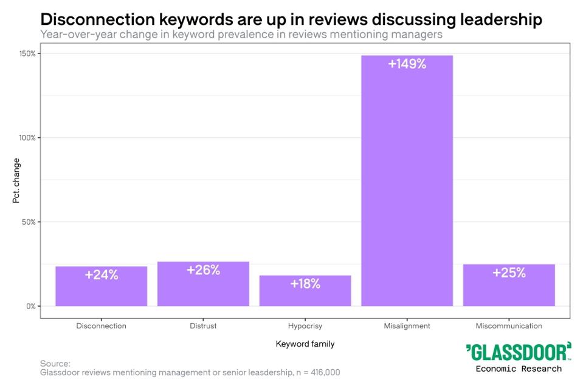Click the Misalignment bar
pyautogui.click(x=407, y=182)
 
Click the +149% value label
pyautogui.click(x=407, y=64)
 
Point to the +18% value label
pyautogui.click(x=305, y=284)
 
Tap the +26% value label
pyautogui.click(x=203, y=270)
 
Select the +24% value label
pyautogui.click(x=101, y=274)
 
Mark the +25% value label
pyautogui.click(x=509, y=273)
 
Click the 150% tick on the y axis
pyautogui.click(x=27, y=53)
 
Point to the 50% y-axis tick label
pyautogui.click(x=29, y=222)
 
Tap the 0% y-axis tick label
pyautogui.click(x=30, y=306)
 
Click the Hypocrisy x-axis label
pyautogui.click(x=305, y=326)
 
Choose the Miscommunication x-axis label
pyautogui.click(x=509, y=326)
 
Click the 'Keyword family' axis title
pyautogui.click(x=305, y=344)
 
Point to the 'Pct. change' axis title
pyautogui.click(x=16, y=180)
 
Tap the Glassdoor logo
pyautogui.click(x=519, y=352)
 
